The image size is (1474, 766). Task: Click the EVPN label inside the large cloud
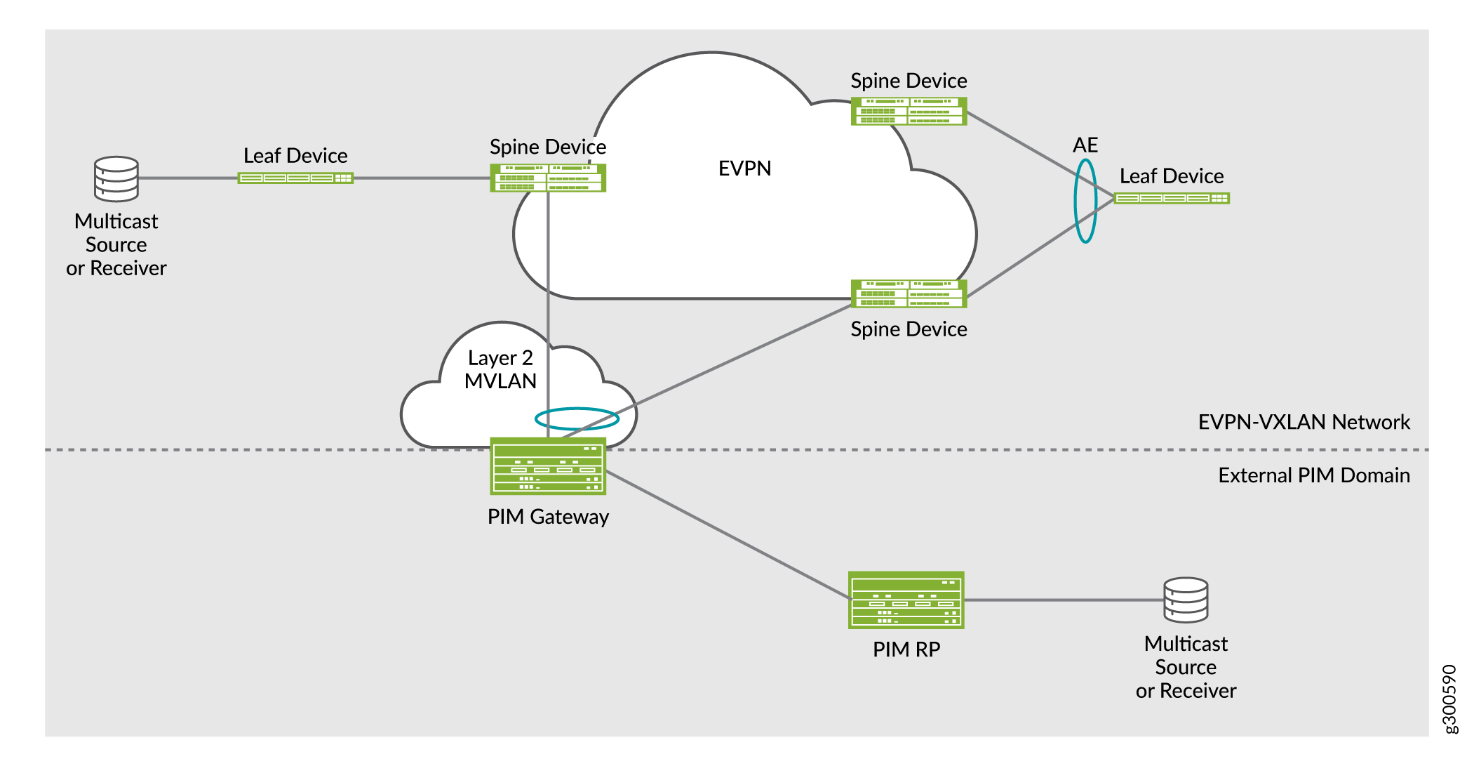(744, 169)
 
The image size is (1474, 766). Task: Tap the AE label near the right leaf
(1085, 145)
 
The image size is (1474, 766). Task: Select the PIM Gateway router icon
(548, 466)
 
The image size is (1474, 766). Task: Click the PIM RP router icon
(906, 600)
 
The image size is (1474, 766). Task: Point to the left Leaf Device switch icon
(295, 178)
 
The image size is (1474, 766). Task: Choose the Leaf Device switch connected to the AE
(1172, 198)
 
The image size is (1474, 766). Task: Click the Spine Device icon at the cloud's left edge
(548, 178)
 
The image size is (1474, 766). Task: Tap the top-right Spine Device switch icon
(909, 112)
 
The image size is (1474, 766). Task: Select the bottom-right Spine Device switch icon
(909, 293)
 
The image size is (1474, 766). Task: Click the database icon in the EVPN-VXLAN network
(116, 179)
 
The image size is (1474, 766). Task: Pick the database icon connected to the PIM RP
(1186, 600)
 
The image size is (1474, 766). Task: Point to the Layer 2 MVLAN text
(500, 369)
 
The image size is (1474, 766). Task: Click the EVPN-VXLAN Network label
(1304, 422)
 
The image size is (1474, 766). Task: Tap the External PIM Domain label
(1313, 475)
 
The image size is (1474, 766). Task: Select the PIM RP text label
(906, 649)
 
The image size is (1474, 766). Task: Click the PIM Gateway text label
(548, 517)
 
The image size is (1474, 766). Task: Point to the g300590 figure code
(1449, 699)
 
